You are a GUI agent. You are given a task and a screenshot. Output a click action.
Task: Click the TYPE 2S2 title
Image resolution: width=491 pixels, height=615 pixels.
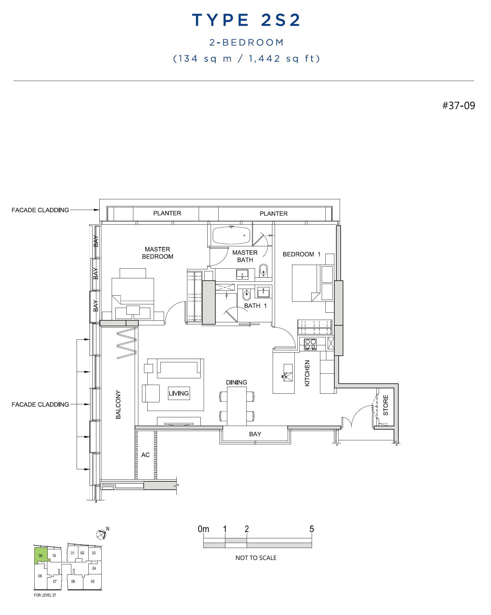[246, 20]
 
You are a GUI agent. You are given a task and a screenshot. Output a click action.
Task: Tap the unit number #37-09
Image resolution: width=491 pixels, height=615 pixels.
[458, 106]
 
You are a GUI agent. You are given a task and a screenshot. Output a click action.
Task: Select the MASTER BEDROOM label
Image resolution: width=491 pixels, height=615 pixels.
[157, 253]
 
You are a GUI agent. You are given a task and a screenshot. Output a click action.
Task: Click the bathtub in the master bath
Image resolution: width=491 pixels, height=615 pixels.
[231, 236]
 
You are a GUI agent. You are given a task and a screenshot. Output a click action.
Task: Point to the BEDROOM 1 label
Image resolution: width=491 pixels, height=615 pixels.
[301, 254]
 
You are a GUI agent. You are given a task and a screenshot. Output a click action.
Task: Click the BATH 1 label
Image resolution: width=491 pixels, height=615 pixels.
[255, 306]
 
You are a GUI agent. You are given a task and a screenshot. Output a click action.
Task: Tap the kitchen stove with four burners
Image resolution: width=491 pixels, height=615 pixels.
[310, 344]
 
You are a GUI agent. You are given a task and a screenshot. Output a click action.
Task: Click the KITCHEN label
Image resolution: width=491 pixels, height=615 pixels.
[307, 373]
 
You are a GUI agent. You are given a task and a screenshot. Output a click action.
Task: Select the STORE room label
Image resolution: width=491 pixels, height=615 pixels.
[386, 405]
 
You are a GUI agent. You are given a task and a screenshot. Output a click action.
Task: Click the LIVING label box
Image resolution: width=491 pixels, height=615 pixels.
[179, 393]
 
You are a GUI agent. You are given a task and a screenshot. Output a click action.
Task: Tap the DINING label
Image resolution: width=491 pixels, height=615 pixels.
[236, 382]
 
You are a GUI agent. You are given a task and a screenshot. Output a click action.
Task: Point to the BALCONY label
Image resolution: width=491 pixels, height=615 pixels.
[118, 405]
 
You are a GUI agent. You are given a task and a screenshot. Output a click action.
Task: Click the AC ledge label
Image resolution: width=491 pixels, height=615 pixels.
[145, 455]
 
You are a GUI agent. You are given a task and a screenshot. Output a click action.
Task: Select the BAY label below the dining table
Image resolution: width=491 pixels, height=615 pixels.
[255, 434]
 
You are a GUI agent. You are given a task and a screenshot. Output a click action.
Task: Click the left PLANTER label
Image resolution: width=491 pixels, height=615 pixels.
[167, 213]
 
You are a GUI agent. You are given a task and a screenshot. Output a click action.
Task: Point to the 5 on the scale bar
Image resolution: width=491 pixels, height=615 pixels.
[312, 529]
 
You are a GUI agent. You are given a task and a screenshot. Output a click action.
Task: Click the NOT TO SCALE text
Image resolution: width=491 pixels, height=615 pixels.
[256, 558]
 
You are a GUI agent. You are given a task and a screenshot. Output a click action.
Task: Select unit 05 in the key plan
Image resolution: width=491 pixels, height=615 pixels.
[93, 581]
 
